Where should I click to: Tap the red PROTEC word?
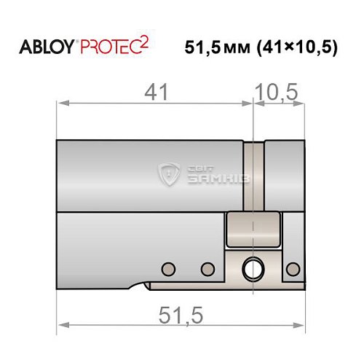click(111, 49)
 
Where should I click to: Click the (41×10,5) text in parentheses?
click(298, 49)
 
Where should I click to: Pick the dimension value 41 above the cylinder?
click(155, 93)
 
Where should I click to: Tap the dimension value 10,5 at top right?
click(278, 93)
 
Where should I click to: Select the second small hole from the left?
click(207, 267)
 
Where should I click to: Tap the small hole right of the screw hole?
click(293, 267)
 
